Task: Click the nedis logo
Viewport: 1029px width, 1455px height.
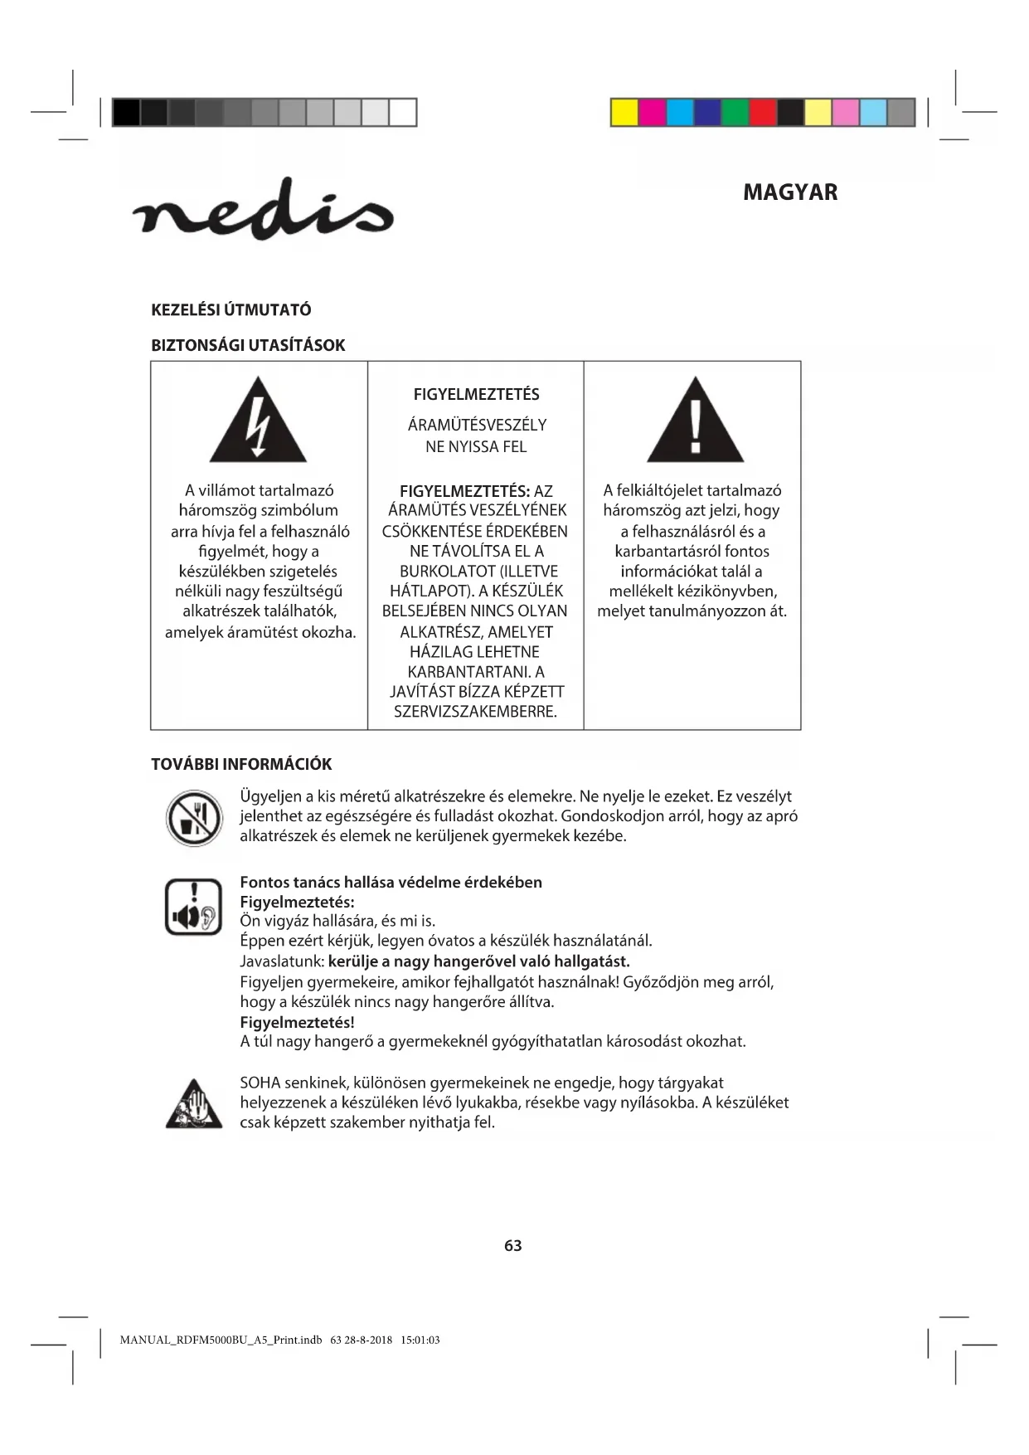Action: (262, 211)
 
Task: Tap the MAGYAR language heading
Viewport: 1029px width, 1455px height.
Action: (789, 192)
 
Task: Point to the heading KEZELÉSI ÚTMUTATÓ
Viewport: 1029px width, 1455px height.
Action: (231, 310)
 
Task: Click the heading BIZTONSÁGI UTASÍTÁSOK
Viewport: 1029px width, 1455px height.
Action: (248, 345)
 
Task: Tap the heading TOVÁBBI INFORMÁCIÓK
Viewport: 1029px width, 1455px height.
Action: (241, 764)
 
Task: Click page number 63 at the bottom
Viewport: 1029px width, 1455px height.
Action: (512, 1245)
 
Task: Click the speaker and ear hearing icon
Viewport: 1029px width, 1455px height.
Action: (193, 907)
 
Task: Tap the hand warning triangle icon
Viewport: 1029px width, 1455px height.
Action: (194, 1105)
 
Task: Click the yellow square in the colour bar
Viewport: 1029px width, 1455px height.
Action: (624, 112)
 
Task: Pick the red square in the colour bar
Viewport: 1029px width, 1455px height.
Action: (763, 112)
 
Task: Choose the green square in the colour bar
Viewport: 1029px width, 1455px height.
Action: (735, 112)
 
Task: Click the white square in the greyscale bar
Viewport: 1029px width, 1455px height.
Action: (403, 112)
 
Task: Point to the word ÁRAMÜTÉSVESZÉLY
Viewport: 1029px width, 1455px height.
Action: (477, 425)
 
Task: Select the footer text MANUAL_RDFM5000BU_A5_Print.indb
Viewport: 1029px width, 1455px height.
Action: (221, 1340)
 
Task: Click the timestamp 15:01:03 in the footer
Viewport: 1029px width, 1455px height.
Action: (420, 1340)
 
